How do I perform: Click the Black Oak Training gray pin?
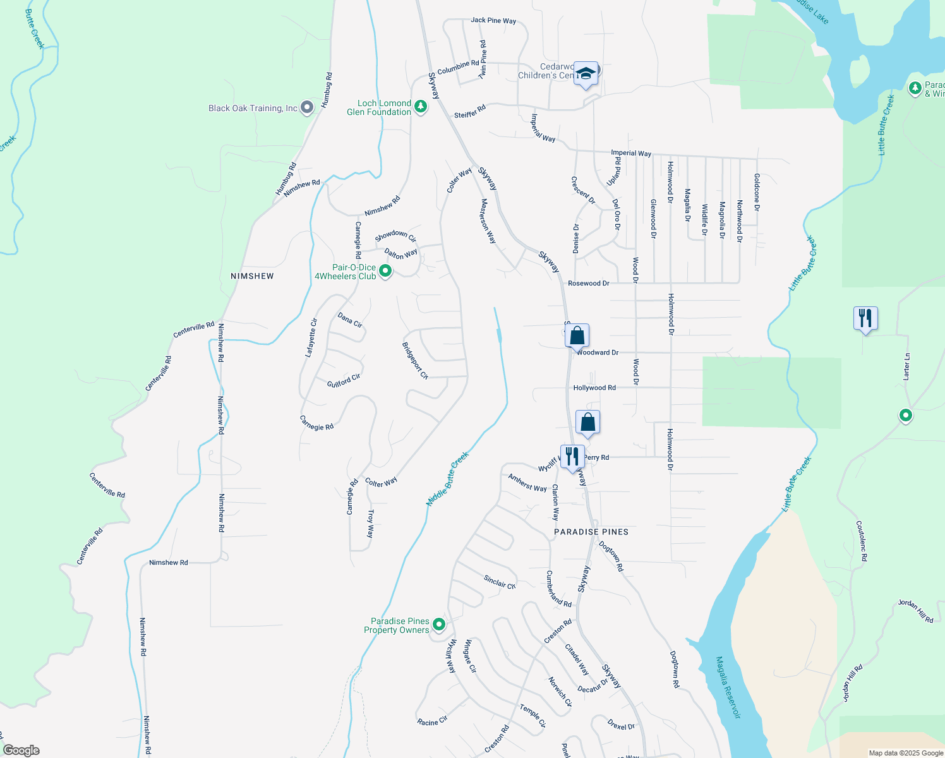click(x=307, y=108)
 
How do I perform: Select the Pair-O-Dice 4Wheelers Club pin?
click(x=385, y=272)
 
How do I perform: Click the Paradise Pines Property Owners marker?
click(x=439, y=625)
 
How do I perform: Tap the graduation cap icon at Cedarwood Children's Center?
click(x=586, y=74)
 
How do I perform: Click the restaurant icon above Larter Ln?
click(x=865, y=318)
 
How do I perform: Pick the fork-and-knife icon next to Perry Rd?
click(x=572, y=456)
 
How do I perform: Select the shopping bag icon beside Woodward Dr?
click(x=577, y=335)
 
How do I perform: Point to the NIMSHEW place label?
click(x=252, y=276)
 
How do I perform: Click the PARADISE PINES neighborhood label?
click(x=591, y=532)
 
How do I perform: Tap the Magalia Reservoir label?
click(x=728, y=687)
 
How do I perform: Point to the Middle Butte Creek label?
click(x=448, y=479)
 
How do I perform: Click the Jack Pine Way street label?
click(x=493, y=20)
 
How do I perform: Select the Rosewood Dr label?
click(x=588, y=283)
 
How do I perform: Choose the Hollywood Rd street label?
click(x=594, y=388)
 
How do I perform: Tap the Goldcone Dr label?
click(x=757, y=192)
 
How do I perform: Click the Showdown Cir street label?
click(x=395, y=236)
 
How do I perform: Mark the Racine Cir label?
click(x=432, y=721)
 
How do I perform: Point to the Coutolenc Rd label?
click(x=862, y=541)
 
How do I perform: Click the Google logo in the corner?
click(x=21, y=750)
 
